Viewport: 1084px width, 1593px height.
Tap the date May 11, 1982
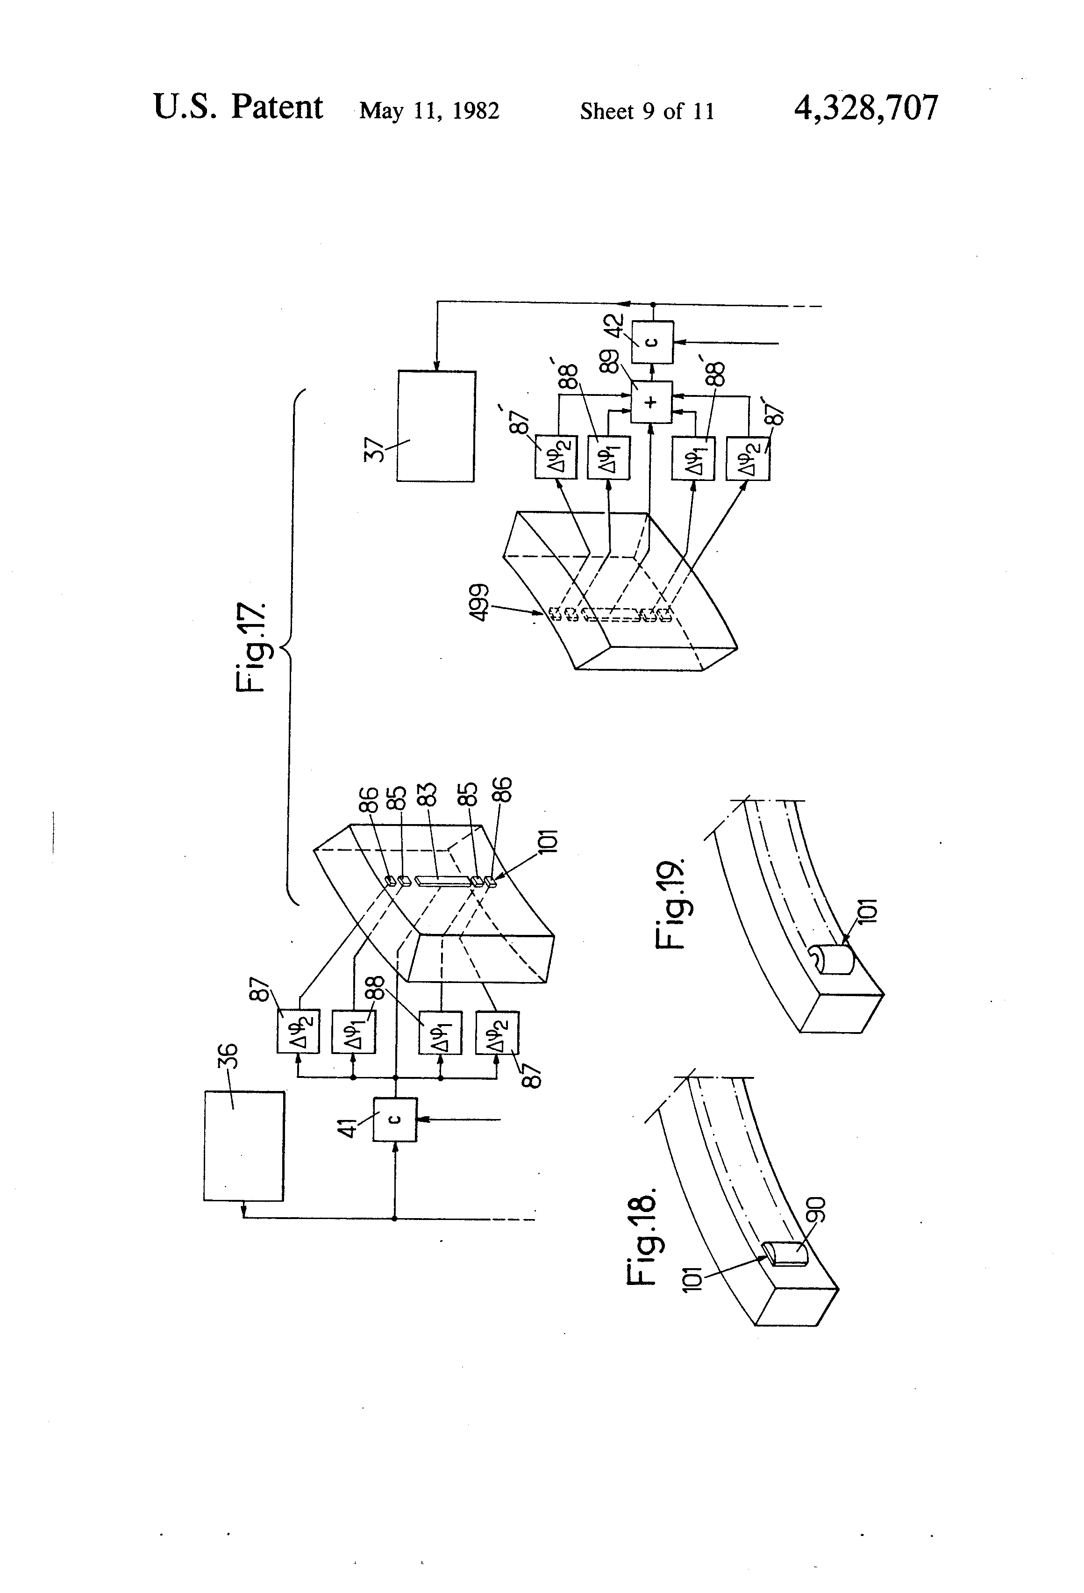tap(429, 111)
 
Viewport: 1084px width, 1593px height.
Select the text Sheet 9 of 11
tap(647, 111)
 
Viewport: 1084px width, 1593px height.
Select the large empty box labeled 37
tap(436, 426)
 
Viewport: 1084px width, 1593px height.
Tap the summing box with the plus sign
tap(652, 402)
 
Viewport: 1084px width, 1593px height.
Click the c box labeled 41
tap(395, 1119)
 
